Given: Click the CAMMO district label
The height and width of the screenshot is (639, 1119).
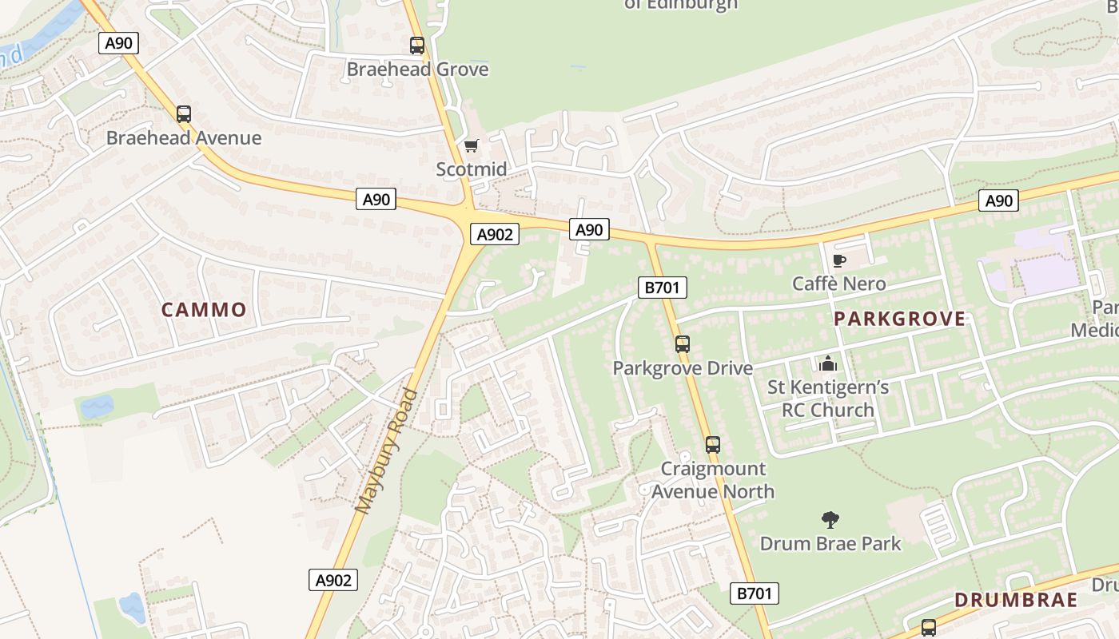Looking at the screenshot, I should click(204, 310).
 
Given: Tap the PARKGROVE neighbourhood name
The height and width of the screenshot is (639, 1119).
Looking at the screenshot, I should click(899, 319).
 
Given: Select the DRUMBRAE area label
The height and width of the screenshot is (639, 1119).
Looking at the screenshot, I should click(1016, 600).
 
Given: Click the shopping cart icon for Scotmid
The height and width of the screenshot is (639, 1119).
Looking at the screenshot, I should click(472, 145).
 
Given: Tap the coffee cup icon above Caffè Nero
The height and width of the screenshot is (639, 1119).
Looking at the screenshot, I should click(838, 260).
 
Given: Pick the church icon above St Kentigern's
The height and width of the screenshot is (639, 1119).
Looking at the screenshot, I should click(827, 364).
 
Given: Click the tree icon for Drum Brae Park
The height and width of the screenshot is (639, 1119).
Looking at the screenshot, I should click(830, 520).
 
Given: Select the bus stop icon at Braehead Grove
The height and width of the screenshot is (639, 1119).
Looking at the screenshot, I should click(416, 46).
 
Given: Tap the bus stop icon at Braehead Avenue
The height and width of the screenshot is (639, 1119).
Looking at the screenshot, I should click(184, 114).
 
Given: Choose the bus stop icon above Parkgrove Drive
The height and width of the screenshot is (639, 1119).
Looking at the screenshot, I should click(682, 344).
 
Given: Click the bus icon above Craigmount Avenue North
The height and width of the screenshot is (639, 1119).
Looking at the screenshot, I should click(712, 445).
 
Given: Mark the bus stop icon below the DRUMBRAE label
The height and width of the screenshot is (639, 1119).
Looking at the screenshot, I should click(928, 628).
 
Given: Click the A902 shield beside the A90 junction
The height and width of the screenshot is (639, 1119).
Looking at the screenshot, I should click(494, 234).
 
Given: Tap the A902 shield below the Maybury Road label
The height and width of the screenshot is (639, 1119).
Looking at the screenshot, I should click(333, 580).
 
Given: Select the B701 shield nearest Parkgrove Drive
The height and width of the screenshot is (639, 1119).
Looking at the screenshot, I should click(662, 288).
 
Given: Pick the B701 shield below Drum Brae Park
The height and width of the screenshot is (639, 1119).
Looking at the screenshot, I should click(754, 593).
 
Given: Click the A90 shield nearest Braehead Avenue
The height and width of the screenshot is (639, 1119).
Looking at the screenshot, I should click(119, 43).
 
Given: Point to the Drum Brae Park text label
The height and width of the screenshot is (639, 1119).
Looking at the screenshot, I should click(830, 544).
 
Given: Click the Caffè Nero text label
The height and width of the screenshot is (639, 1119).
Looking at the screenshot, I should click(838, 284).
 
